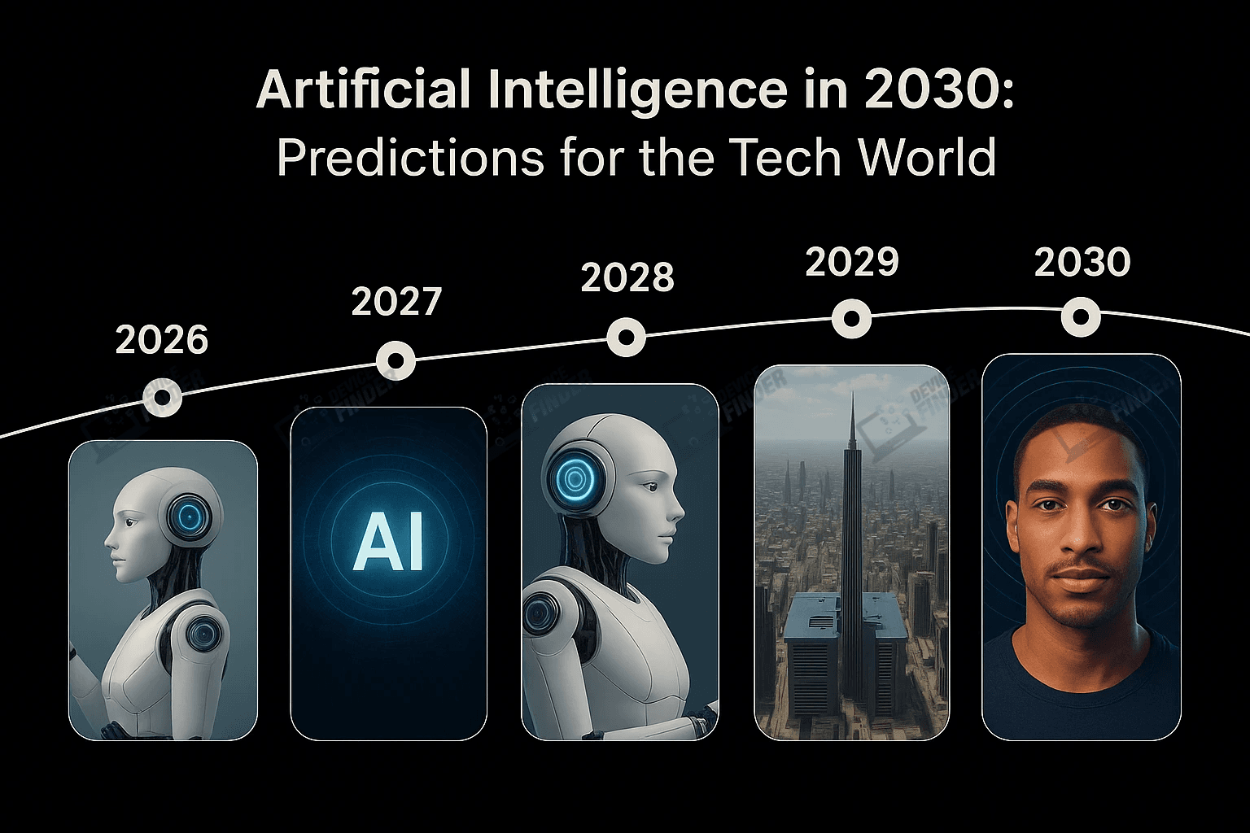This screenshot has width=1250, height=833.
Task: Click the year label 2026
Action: coord(162,340)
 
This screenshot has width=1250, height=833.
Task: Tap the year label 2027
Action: coord(396,302)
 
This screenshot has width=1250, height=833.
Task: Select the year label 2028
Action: coord(627,278)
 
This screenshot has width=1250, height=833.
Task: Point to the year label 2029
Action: coord(852,262)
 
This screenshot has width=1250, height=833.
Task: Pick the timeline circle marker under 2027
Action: coord(396,360)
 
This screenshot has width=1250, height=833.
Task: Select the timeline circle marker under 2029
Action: coord(852,318)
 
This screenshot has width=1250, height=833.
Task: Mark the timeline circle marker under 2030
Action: coord(1082,317)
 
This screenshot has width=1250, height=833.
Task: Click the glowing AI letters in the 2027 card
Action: coord(389,543)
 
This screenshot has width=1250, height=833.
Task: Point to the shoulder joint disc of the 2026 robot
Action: coord(198,632)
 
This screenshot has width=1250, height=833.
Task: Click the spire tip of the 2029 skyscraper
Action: coord(851,396)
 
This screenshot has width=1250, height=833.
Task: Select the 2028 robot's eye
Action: coord(650,486)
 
